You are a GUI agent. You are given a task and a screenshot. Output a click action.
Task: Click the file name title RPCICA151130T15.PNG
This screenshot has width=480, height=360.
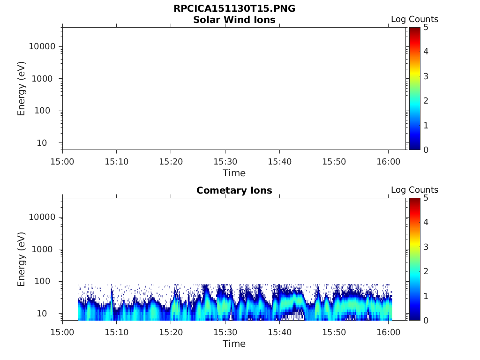click(x=234, y=9)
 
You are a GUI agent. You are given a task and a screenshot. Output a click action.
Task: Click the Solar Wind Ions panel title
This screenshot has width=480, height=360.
click(x=234, y=20)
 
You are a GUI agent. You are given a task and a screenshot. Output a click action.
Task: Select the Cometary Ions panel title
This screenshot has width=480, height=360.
click(x=234, y=190)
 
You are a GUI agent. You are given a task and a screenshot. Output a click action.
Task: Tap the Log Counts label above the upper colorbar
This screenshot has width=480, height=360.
click(x=414, y=19)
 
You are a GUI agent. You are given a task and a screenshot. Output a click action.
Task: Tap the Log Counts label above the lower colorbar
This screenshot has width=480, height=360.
click(x=414, y=190)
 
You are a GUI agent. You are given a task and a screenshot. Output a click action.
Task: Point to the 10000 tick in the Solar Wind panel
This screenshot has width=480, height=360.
click(x=43, y=46)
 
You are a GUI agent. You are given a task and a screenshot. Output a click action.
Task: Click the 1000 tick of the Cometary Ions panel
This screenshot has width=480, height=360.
click(x=45, y=249)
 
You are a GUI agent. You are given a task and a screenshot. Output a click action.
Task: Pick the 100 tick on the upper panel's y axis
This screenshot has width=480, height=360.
click(x=47, y=111)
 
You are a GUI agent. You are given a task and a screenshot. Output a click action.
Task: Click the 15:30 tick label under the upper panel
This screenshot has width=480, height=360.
click(x=225, y=162)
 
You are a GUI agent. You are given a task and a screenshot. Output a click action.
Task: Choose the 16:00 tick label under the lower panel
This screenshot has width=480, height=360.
click(x=388, y=332)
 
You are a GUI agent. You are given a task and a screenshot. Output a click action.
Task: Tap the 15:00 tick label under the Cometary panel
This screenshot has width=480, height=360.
click(x=63, y=332)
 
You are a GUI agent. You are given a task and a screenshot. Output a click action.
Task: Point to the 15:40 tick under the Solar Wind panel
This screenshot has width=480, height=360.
click(x=279, y=162)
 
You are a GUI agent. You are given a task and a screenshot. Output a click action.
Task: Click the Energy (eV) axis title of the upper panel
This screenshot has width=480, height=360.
click(x=22, y=89)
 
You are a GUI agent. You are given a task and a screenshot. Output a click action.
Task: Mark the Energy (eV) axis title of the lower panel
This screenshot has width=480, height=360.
click(x=22, y=259)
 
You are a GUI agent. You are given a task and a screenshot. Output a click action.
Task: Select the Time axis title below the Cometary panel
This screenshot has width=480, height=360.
click(x=234, y=344)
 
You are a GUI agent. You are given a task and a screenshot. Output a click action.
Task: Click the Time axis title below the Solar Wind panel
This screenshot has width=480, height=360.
click(x=234, y=173)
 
